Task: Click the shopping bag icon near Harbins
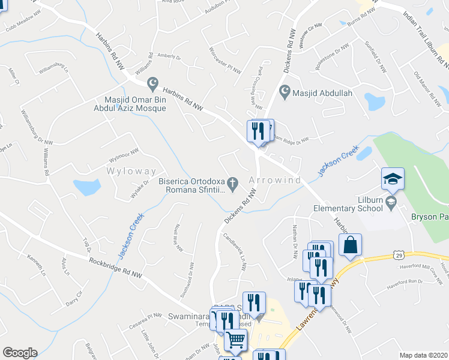(351, 245)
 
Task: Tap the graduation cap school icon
(393, 179)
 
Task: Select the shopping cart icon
(235, 340)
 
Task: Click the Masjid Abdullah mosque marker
(285, 93)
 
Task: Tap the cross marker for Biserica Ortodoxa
(234, 181)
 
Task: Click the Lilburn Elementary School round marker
(391, 200)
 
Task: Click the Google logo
(20, 352)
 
